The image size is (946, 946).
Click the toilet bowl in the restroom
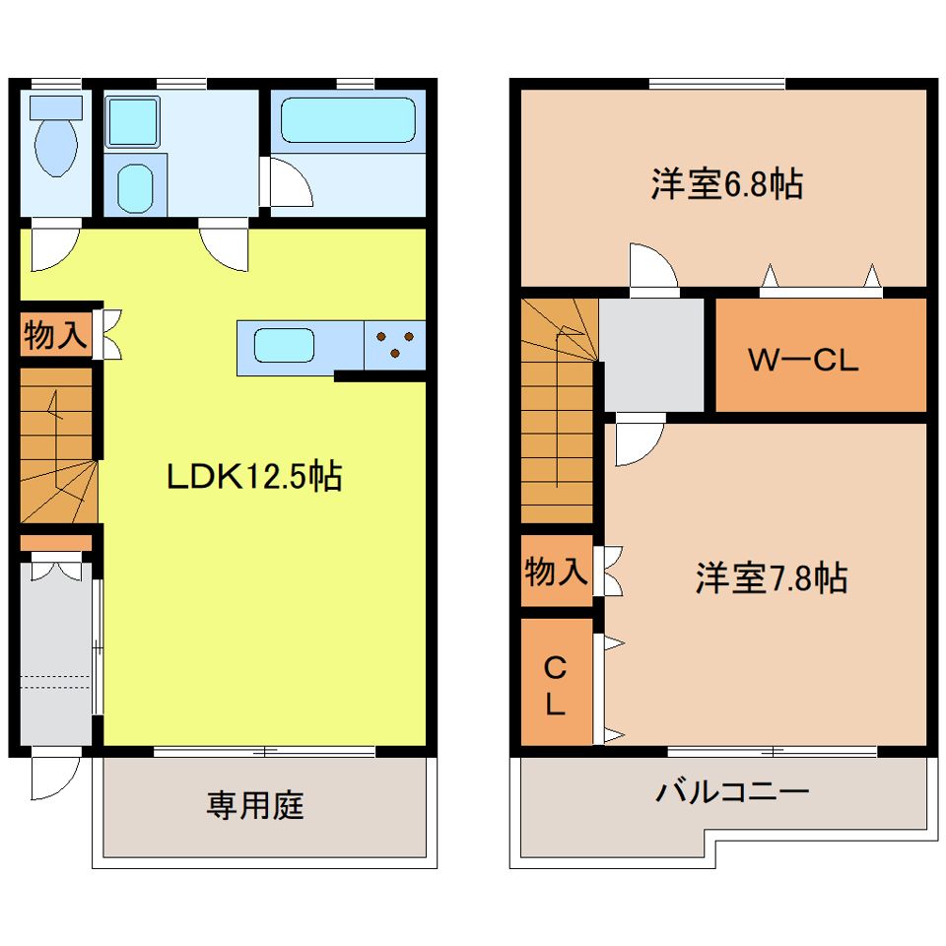point(56,146)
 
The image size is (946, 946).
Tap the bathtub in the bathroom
point(348,120)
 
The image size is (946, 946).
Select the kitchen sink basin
point(284,345)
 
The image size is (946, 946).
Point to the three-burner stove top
point(394,345)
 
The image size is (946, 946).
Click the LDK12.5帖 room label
point(254,477)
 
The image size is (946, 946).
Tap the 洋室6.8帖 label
point(726,184)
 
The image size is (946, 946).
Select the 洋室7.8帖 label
point(772,578)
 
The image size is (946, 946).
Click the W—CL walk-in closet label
point(803,361)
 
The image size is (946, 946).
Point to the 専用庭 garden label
point(255,805)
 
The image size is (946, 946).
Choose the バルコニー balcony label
point(732,791)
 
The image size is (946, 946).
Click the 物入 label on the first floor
point(55,334)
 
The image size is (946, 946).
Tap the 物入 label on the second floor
point(556,571)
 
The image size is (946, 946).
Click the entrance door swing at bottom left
point(55,778)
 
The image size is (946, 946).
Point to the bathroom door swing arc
point(290,181)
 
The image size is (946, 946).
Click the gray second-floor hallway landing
point(651,356)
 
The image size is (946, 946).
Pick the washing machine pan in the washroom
point(133,121)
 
